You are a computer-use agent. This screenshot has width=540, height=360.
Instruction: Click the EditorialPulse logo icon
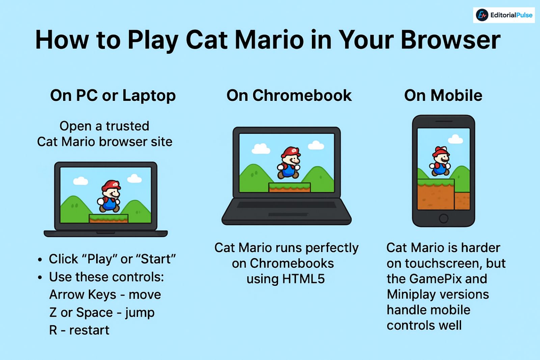[482, 15]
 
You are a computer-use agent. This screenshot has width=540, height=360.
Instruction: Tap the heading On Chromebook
[289, 95]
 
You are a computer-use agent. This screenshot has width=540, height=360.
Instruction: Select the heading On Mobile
[443, 95]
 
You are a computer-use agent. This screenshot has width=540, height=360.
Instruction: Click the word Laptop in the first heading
[149, 96]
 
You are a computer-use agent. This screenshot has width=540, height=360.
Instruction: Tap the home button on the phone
[443, 218]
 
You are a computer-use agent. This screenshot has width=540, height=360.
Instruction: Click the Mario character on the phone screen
[440, 162]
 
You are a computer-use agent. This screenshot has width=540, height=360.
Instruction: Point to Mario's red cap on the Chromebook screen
[290, 151]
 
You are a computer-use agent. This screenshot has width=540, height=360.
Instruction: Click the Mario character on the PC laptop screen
[109, 196]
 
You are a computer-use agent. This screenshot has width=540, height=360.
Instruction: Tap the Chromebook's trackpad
[288, 215]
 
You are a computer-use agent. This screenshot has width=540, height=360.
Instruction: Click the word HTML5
[303, 279]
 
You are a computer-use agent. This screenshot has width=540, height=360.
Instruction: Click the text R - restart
[79, 330]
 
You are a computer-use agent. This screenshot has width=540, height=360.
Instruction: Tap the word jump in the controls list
[140, 313]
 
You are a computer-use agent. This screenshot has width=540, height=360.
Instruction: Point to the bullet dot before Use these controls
[40, 278]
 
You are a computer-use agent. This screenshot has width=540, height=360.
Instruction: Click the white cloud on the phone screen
[455, 139]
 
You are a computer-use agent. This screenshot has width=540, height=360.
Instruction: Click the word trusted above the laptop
[127, 126]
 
